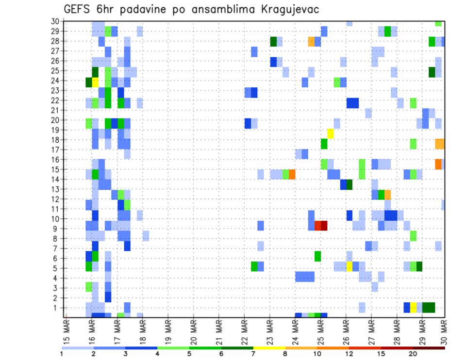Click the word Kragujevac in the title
tap(289, 9)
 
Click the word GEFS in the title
tap(78, 9)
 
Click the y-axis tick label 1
tap(57, 308)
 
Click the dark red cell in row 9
tap(324, 226)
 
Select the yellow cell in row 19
tap(330, 133)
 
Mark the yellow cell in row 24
tap(95, 82)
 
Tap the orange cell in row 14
tap(292, 174)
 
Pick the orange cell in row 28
tap(311, 42)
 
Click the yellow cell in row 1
tap(413, 308)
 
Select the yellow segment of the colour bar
tap(269, 348)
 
